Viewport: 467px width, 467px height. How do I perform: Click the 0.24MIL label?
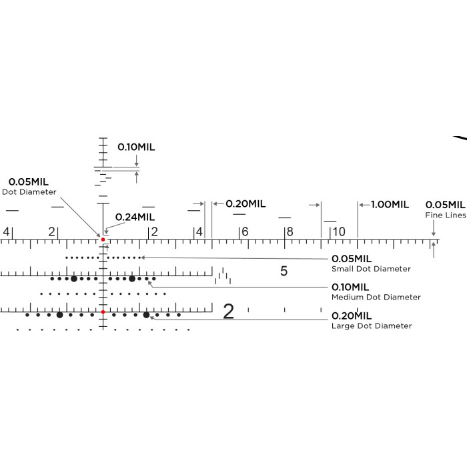(x=135, y=217)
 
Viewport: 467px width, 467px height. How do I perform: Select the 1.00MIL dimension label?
(x=390, y=205)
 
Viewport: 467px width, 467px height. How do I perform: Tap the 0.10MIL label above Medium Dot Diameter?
(x=350, y=287)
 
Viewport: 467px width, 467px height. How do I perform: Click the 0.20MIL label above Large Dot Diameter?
(x=352, y=316)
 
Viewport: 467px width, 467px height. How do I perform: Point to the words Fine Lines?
(x=446, y=215)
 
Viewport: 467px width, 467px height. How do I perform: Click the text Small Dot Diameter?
(x=371, y=269)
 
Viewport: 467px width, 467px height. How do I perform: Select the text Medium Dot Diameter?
(x=376, y=297)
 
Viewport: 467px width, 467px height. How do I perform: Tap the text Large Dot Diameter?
(x=372, y=326)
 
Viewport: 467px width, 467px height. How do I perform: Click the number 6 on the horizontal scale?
(x=245, y=231)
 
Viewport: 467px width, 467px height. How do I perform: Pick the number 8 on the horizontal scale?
(x=290, y=231)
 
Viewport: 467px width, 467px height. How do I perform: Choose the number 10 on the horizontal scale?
(x=339, y=231)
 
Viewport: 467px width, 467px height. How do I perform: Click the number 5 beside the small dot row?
(x=284, y=271)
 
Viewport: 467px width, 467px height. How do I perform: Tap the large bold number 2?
(x=228, y=312)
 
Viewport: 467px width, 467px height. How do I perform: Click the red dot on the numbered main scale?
(x=103, y=240)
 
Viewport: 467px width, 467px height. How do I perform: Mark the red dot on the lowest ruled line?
(x=103, y=312)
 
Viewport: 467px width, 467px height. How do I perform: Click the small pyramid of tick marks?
(x=223, y=276)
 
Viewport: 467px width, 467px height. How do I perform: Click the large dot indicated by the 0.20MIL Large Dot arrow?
(x=146, y=315)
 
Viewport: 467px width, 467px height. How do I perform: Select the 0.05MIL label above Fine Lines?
(x=445, y=205)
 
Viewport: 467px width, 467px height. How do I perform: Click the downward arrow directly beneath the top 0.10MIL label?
(x=136, y=161)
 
